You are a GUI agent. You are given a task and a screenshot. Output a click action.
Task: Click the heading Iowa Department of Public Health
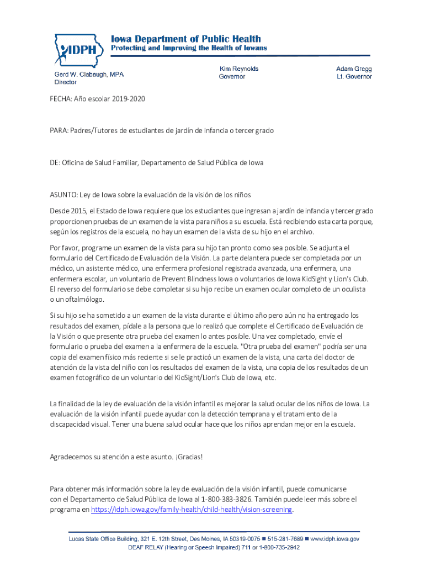pos(186,39)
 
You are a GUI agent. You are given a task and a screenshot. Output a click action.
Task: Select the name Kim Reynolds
pos(239,69)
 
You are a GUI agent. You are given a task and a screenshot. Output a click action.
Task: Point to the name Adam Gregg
pos(354,69)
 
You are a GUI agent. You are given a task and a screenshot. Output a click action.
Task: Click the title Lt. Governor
pos(354,77)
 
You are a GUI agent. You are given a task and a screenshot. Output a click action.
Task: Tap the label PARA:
pos(59,130)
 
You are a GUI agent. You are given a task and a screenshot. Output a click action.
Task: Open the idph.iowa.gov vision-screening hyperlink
pos(192,509)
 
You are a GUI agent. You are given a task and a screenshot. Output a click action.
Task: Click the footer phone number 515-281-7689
pos(285,538)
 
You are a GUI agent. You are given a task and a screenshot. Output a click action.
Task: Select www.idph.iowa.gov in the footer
pos(336,538)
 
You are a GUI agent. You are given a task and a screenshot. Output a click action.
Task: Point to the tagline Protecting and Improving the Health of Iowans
pos(189,48)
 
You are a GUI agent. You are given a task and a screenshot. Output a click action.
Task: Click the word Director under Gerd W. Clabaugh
pos(65,82)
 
